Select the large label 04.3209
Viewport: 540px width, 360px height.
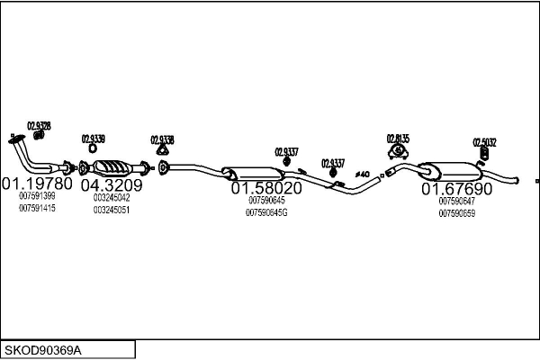[x=112, y=186]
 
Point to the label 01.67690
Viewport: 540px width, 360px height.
[x=457, y=190]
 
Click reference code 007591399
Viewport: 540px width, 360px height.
[x=37, y=196]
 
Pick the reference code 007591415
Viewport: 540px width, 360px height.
[x=37, y=208]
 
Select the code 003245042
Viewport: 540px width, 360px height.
[x=112, y=198]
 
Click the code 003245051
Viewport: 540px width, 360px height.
[x=112, y=210]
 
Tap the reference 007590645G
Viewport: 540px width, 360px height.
[x=267, y=212]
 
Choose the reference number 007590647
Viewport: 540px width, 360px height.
[x=457, y=202]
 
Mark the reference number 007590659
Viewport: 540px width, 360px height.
[x=457, y=213]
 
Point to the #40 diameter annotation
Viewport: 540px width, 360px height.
[x=363, y=173]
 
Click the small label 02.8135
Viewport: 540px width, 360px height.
[x=398, y=139]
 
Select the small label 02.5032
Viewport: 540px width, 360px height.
[x=484, y=141]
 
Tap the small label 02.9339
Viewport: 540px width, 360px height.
[x=93, y=139]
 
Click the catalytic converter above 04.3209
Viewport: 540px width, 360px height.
[x=113, y=168]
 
